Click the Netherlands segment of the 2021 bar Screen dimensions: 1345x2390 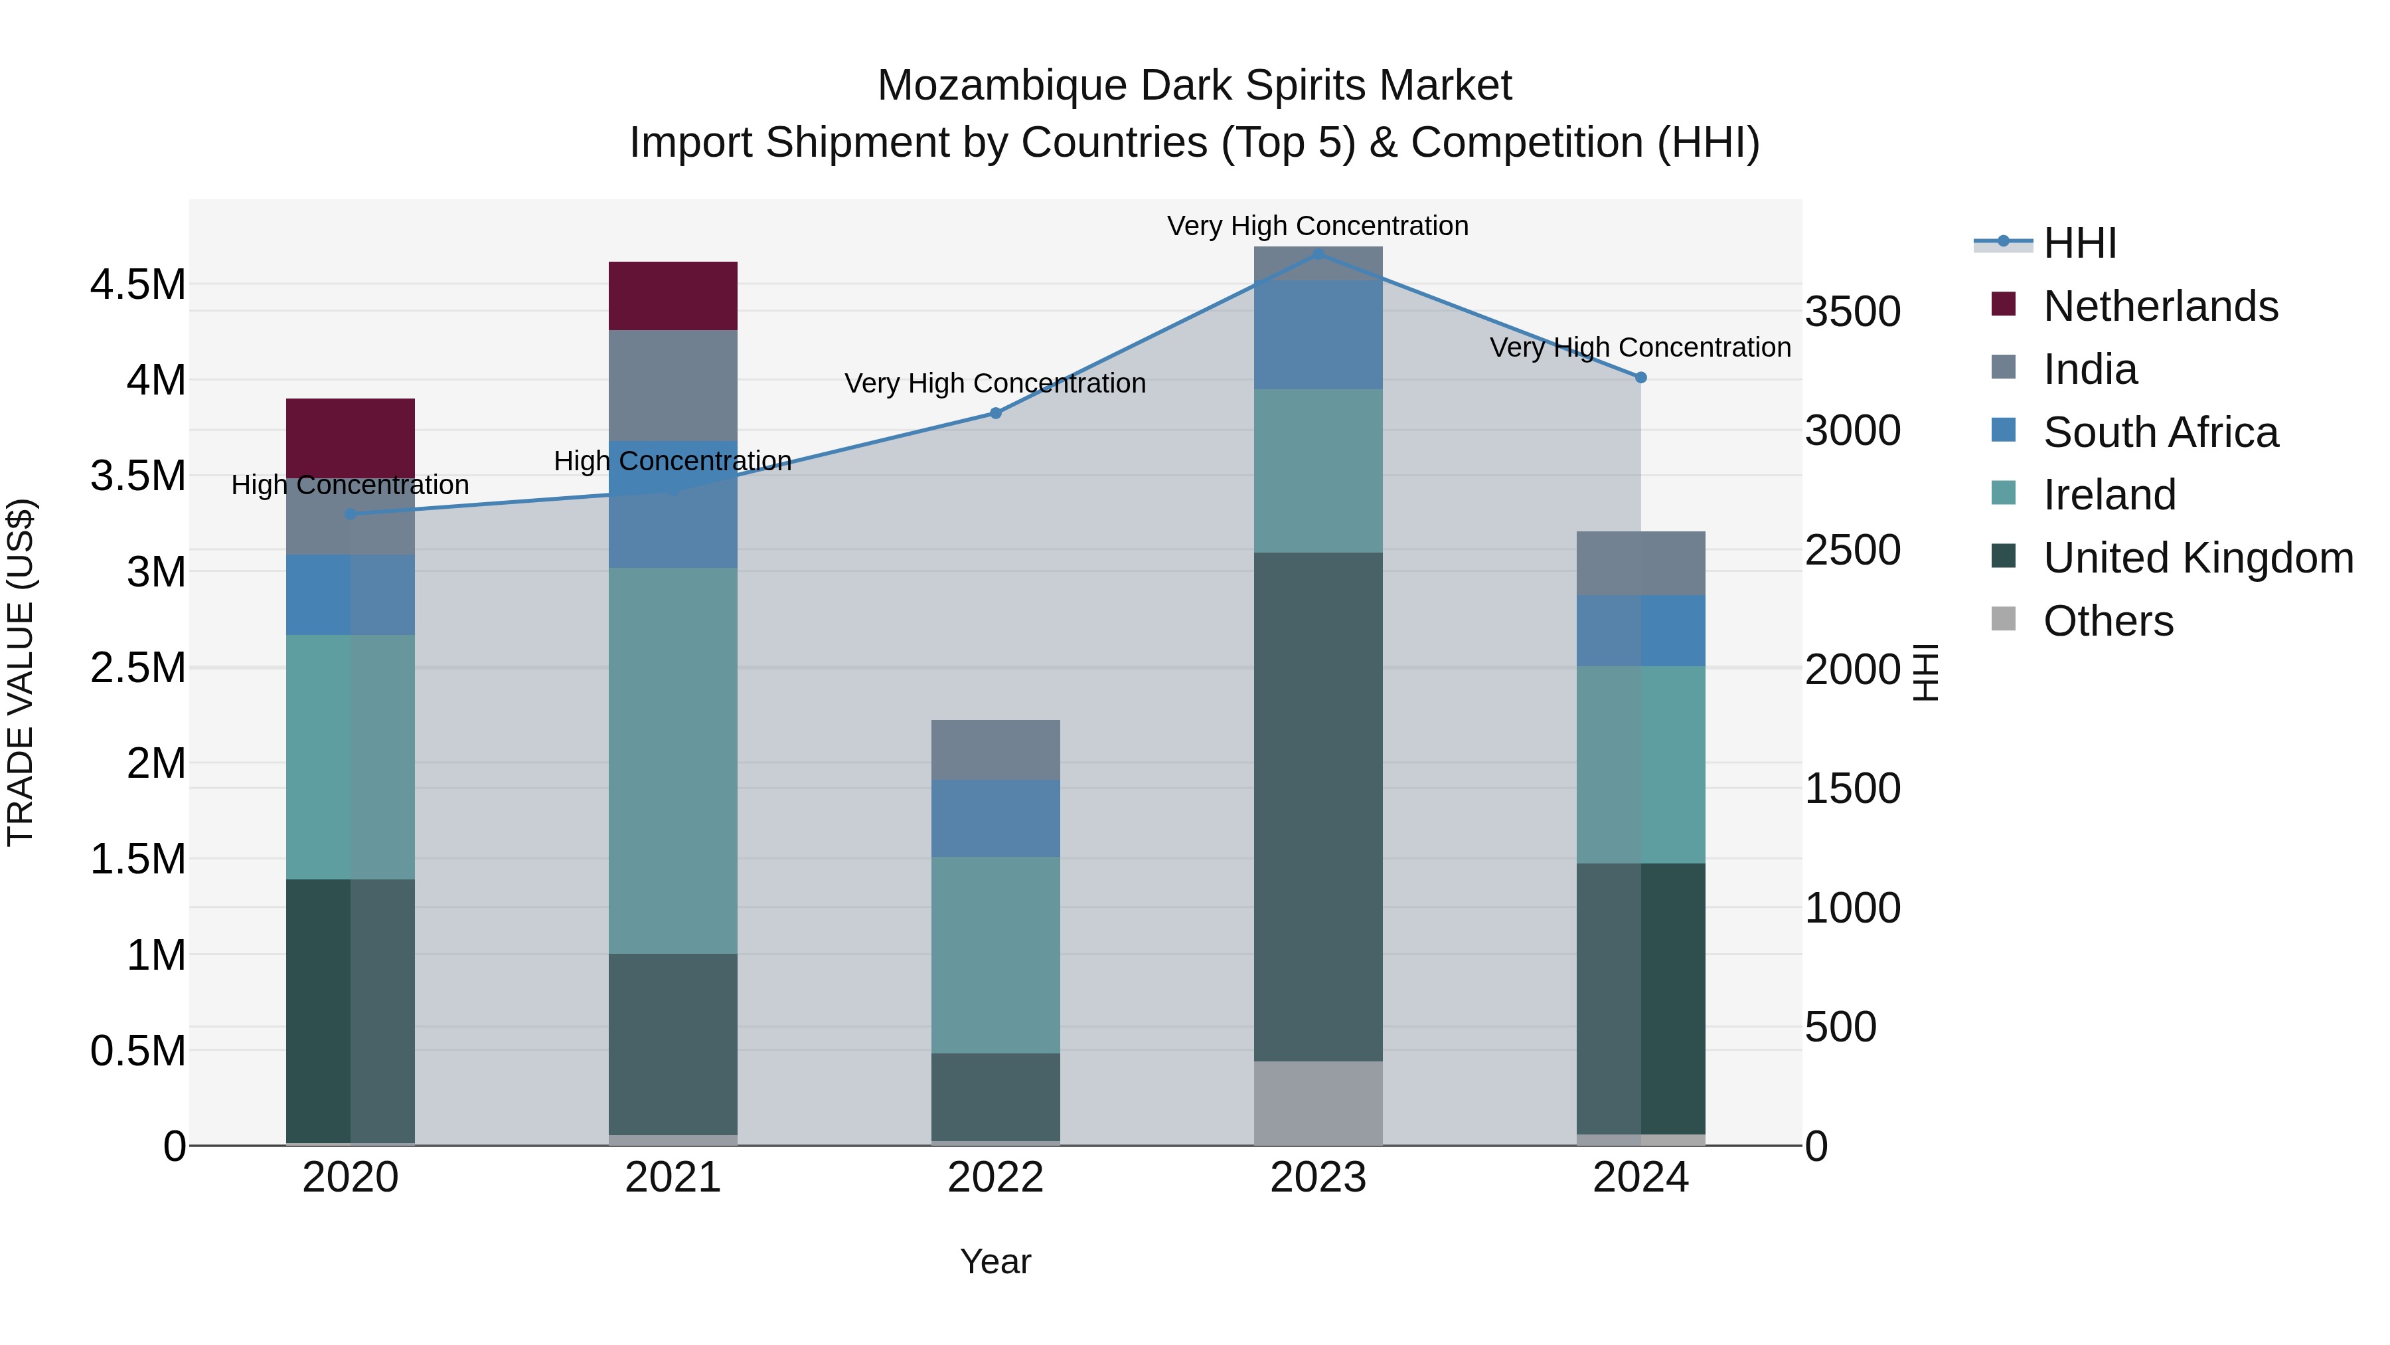[x=673, y=295]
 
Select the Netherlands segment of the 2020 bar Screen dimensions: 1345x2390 [x=350, y=438]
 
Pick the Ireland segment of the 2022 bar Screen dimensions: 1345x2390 [x=995, y=954]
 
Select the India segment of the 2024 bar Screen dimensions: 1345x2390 [x=1640, y=563]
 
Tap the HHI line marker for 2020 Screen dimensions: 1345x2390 [x=350, y=513]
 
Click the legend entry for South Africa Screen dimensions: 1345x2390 [x=2160, y=432]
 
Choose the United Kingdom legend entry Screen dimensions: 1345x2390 [x=2197, y=558]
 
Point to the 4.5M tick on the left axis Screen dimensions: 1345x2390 [x=138, y=285]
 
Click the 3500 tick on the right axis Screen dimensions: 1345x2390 [x=1852, y=312]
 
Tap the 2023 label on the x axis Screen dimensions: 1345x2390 [x=1317, y=1178]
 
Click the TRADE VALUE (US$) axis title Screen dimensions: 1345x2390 [x=21, y=672]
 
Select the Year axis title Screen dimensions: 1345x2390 [x=995, y=1261]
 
